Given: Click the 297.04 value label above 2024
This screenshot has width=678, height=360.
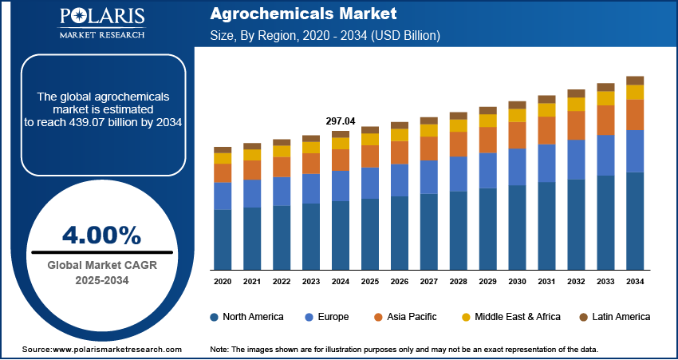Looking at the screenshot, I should tap(340, 121).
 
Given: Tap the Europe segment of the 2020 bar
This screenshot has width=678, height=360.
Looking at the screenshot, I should tap(223, 196).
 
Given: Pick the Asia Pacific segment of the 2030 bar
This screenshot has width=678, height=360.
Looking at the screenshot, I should tap(517, 135).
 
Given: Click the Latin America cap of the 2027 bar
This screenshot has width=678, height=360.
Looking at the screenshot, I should tap(429, 121).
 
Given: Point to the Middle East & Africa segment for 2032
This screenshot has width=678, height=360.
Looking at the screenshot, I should tap(576, 104).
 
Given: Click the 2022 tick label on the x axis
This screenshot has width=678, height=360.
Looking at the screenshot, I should tap(282, 282).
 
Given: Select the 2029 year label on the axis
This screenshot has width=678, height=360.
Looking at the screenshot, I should tap(487, 282).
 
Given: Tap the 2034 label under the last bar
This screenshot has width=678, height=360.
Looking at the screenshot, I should tap(635, 282).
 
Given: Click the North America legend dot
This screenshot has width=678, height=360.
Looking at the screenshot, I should tap(215, 317).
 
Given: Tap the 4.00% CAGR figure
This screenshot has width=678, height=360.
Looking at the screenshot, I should tap(101, 235).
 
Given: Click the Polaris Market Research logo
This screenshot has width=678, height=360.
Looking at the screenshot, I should tap(101, 24).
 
